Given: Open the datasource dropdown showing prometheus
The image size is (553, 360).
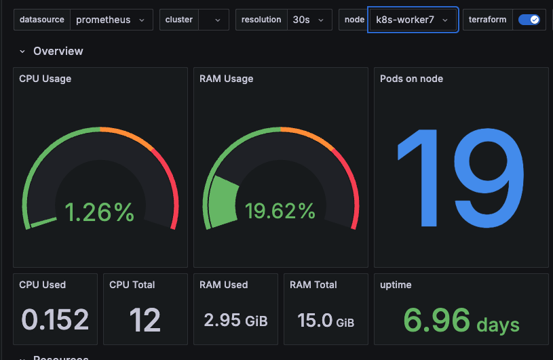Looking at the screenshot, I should (111, 20).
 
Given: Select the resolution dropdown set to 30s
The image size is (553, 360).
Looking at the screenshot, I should (309, 20).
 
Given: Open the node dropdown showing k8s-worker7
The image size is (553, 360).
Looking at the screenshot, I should (412, 20).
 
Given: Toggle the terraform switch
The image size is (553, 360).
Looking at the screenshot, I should (529, 20).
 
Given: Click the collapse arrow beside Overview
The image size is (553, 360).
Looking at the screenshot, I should (22, 52).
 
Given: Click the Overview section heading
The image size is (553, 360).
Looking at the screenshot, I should (58, 52).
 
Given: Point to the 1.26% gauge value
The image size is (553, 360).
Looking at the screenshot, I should (99, 212).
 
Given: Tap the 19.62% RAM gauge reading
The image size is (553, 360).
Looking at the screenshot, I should (280, 212).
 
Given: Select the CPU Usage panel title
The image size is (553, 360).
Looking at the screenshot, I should (45, 79).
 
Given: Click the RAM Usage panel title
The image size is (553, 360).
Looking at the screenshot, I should (226, 79).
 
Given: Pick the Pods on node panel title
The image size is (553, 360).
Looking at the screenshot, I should (411, 79).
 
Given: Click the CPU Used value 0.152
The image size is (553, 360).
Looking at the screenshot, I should (55, 319).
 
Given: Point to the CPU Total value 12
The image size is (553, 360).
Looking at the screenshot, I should (144, 319).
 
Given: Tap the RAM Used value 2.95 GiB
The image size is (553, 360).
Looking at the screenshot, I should (235, 319).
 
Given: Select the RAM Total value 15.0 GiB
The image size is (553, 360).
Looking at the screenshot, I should (326, 319).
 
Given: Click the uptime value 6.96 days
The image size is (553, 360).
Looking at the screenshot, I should (461, 319).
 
